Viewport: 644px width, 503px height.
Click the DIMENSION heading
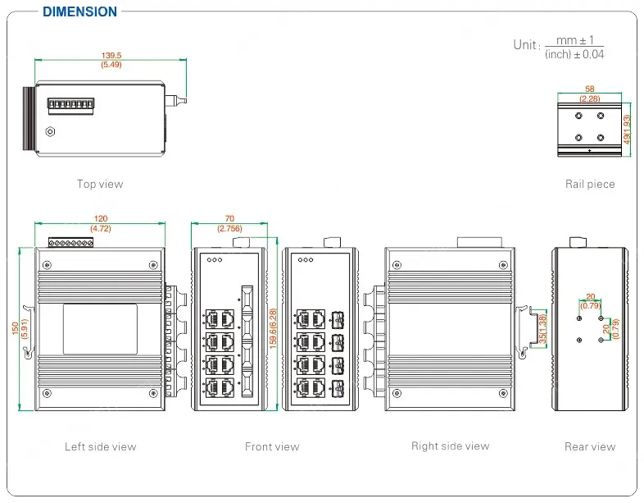tap(79, 11)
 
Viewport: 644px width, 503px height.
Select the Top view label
tap(100, 184)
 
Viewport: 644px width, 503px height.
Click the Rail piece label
tap(590, 184)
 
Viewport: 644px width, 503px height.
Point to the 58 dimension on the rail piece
tap(590, 89)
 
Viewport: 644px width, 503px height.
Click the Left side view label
tap(100, 447)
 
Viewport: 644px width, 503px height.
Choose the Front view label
tap(272, 447)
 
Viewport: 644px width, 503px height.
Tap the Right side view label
tap(450, 446)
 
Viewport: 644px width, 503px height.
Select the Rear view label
tap(590, 447)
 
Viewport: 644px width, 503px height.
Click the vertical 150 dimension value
tap(14, 327)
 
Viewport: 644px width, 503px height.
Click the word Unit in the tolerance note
tap(526, 45)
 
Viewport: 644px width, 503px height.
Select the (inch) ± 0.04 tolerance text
tap(575, 54)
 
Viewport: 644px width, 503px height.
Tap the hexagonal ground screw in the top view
tap(50, 131)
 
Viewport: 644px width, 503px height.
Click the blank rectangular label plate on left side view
tap(100, 329)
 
